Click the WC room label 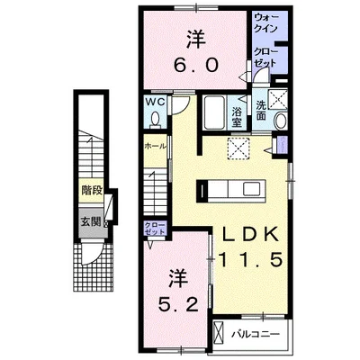pos(156,102)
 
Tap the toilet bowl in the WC pos(155,120)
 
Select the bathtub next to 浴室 pos(214,112)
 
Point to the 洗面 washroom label pos(261,110)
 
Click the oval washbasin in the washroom pos(281,121)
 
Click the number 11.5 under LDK pos(251,259)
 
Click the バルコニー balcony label pos(256,334)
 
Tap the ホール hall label pos(156,147)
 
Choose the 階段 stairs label pos(92,190)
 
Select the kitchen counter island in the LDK pos(231,190)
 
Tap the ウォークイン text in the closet pos(265,22)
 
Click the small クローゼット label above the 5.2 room pos(155,229)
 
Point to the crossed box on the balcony pos(219,334)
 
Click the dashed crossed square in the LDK pos(239,148)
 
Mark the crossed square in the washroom pos(277,100)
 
